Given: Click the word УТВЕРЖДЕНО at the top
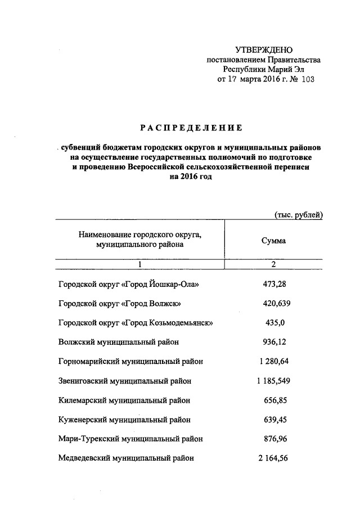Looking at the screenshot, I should [263, 51].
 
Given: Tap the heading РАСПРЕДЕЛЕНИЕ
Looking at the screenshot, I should [192, 128].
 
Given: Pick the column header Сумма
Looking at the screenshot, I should [273, 240].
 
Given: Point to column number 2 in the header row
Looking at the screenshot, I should [274, 264].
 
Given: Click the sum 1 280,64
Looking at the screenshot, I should [274, 362].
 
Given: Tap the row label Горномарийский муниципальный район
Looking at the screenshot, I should [130, 362].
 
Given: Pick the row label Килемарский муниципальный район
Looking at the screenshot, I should [124, 400].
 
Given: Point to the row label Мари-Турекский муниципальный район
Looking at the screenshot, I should [130, 439].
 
